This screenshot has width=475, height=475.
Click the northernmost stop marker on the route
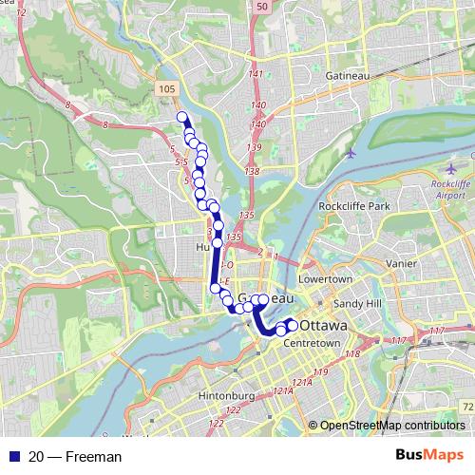[182, 118]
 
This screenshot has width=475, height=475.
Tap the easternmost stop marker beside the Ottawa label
[292, 326]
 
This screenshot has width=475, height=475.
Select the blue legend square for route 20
[10, 457]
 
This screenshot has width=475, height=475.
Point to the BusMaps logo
[429, 456]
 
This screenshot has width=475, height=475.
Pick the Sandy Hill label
[355, 303]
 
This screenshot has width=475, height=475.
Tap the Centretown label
[313, 341]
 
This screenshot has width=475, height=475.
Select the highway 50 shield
[261, 7]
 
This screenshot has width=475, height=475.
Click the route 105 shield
[166, 88]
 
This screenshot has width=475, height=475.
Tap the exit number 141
[255, 74]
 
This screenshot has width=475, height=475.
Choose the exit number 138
[252, 171]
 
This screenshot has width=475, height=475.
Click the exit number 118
[352, 354]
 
